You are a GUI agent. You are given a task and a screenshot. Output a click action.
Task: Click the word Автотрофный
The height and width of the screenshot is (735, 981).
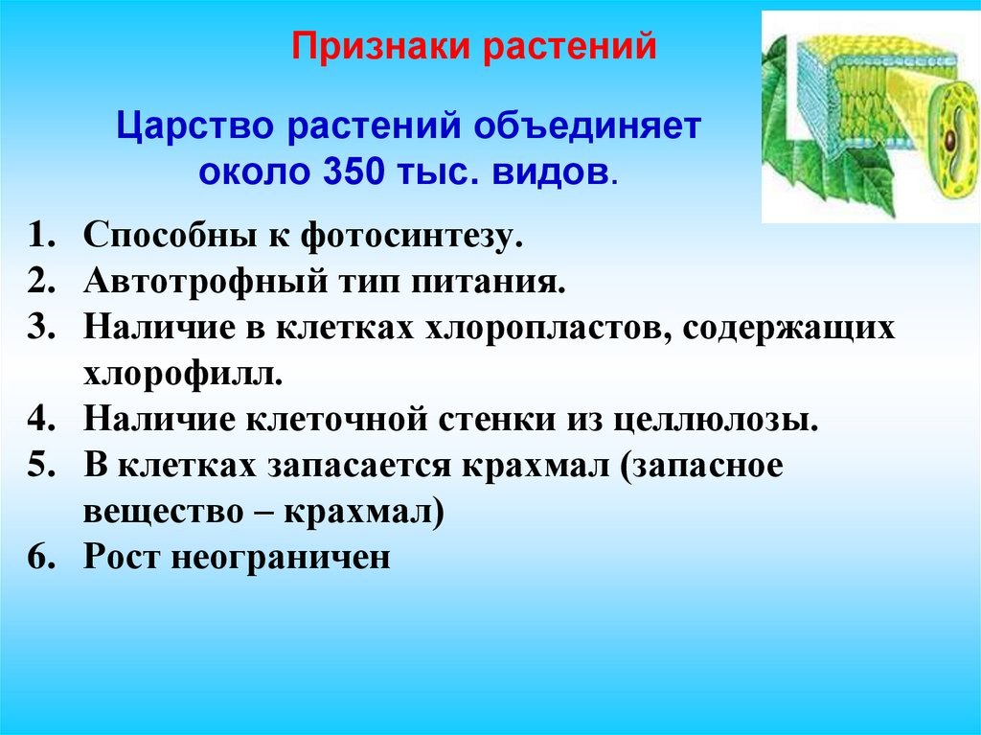tap(210, 282)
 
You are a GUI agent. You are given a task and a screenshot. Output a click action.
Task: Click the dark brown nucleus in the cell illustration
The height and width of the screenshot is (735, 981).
tap(949, 141)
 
